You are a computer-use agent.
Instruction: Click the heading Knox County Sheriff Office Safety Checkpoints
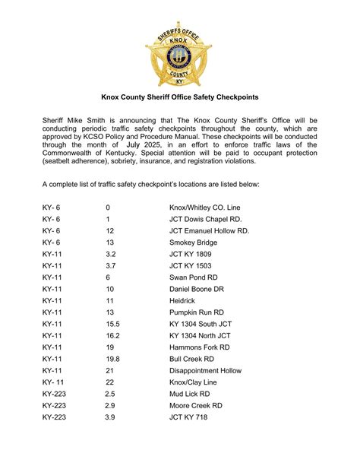click(180, 97)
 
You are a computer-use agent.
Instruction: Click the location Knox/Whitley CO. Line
click(204, 207)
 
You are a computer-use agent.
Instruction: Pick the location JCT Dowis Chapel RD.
click(206, 218)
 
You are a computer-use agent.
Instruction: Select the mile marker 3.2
click(111, 253)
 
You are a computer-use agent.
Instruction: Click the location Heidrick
click(183, 300)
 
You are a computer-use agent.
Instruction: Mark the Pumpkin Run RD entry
click(196, 312)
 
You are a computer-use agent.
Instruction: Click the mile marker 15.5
click(112, 324)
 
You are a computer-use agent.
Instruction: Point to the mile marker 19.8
click(112, 359)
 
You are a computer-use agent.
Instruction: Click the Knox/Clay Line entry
click(194, 382)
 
